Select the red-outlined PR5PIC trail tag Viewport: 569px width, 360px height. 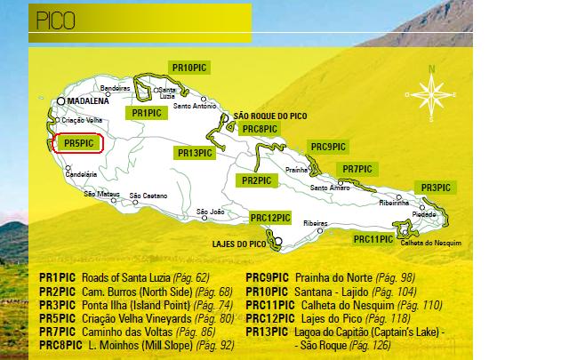[x=78, y=142]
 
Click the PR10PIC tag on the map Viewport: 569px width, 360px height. [x=190, y=68]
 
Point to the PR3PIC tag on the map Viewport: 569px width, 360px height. [x=435, y=188]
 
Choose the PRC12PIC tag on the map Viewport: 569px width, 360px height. [x=270, y=218]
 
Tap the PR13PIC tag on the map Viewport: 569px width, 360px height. [x=194, y=153]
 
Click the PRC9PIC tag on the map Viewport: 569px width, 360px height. [x=327, y=146]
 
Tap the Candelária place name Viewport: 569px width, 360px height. [x=81, y=174]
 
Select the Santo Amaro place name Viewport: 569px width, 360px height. [x=330, y=187]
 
